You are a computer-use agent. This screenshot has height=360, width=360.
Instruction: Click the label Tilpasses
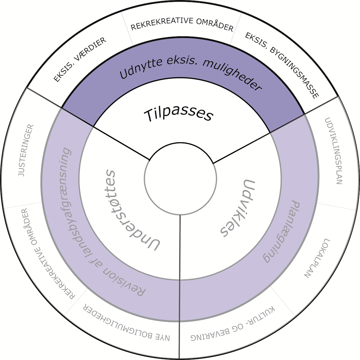[178, 114]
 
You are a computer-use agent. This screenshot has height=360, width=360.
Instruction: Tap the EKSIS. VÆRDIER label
[80, 60]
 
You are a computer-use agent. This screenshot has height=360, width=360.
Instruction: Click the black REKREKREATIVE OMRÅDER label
[182, 25]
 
